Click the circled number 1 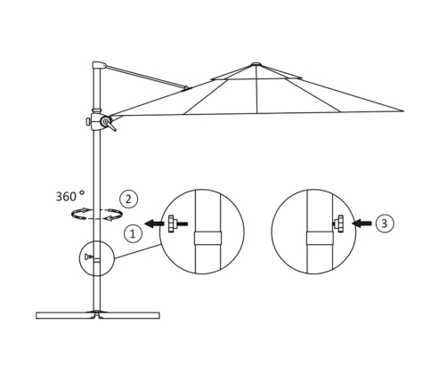pos(133,233)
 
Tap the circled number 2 pos(128,200)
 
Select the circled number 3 pos(385,224)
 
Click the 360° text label pos(70,196)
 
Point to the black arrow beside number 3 pos(362,223)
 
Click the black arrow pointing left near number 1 pos(154,224)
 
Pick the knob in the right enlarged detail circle pos(338,224)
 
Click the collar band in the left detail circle pos(207,238)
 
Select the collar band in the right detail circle pos(320,238)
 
